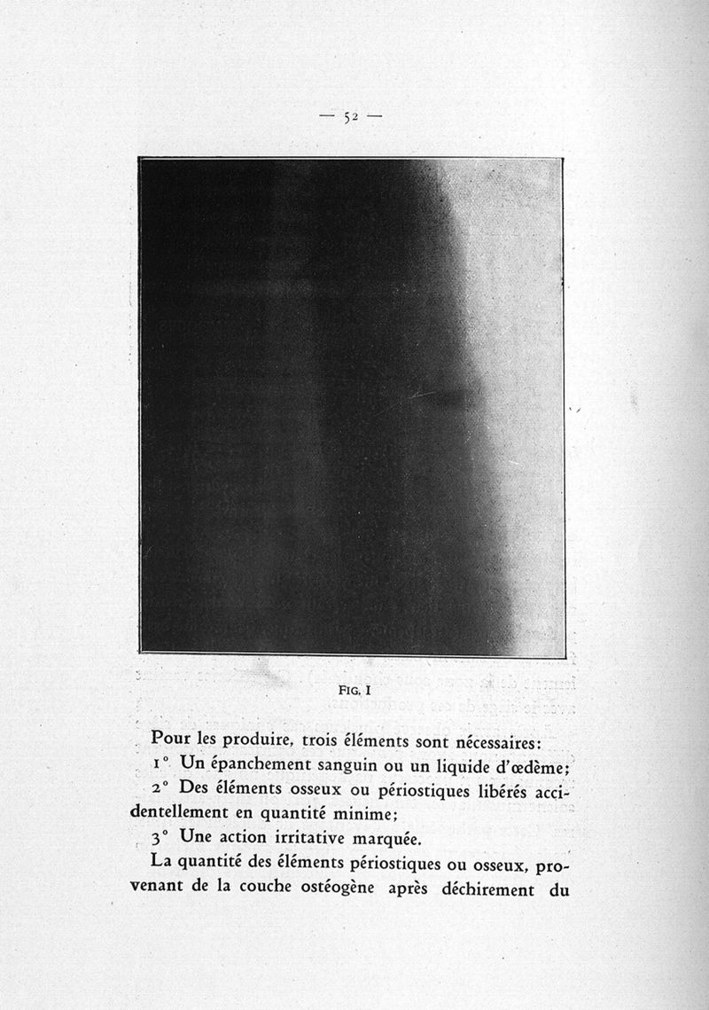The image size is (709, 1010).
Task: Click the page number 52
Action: (x=350, y=116)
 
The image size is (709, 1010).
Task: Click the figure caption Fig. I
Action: (x=351, y=685)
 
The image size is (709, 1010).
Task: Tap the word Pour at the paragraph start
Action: (x=172, y=737)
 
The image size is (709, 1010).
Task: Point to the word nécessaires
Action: (x=499, y=738)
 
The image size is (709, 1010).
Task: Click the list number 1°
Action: (x=160, y=763)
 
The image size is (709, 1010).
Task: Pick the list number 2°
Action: (x=160, y=788)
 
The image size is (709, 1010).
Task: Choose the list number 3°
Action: (x=160, y=837)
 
